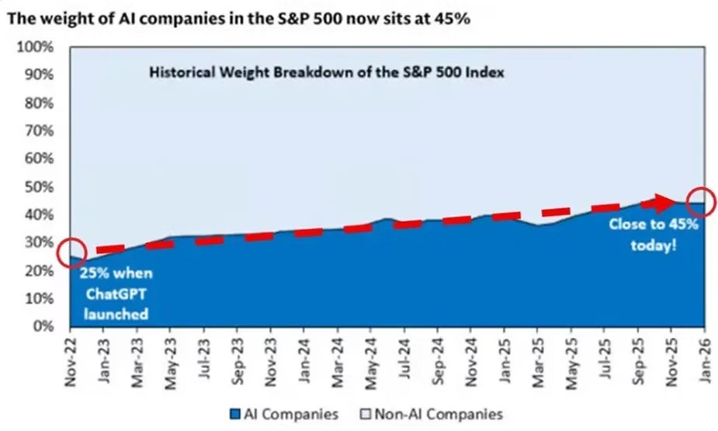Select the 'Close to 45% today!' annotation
click(654, 233)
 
